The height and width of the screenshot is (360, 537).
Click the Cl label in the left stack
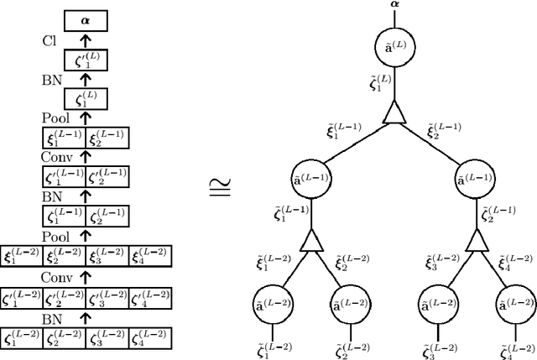pos(50,40)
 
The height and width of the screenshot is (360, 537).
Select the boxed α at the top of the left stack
pos(86,18)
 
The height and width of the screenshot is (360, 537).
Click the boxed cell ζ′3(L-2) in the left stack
pos(107,298)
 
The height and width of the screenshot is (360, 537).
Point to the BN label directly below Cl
pos(52,81)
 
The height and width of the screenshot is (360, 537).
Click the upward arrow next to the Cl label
pos(86,39)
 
